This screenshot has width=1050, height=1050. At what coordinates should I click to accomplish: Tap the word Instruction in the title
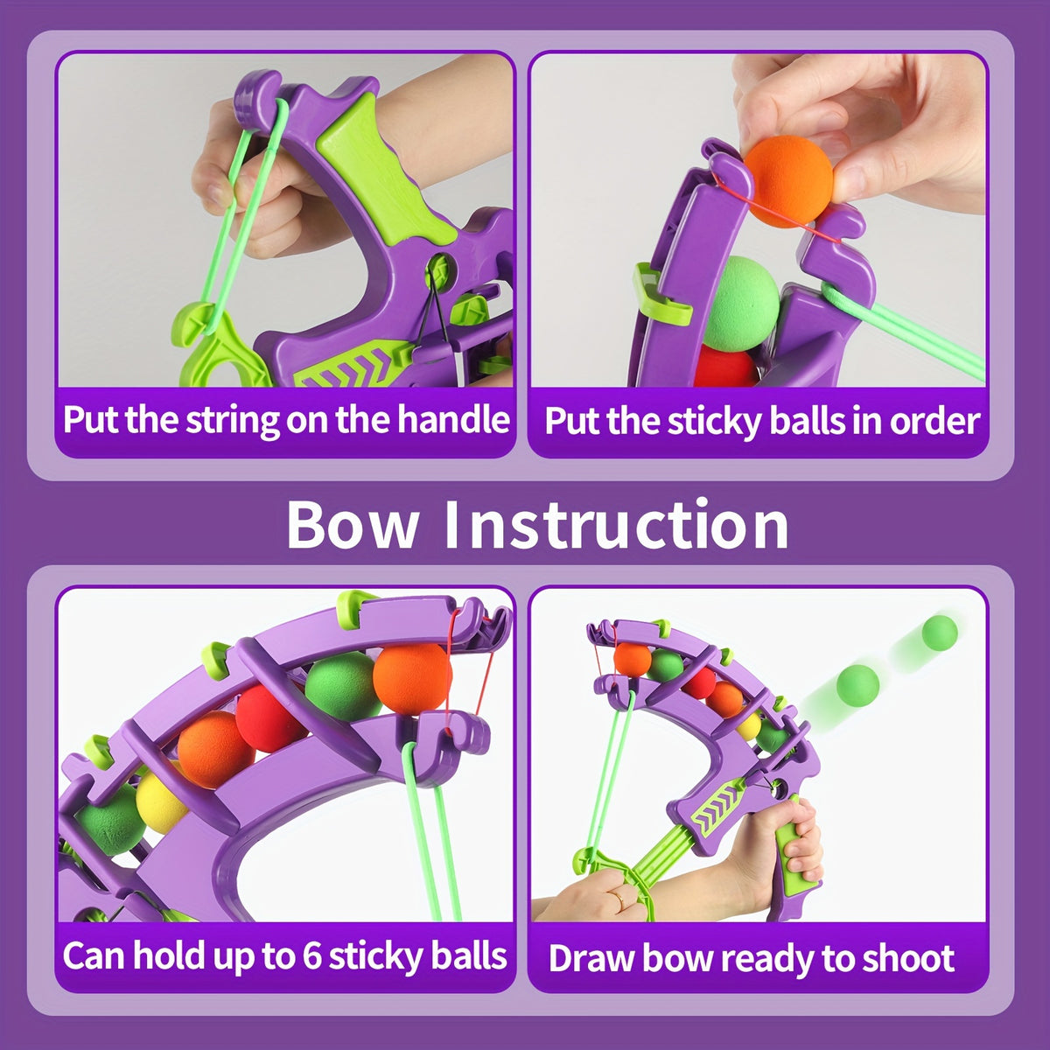(616, 523)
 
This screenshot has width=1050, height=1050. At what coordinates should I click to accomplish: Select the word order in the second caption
(934, 421)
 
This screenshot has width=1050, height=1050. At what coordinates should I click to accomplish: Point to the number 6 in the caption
(311, 955)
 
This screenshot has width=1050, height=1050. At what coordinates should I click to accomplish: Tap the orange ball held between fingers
(788, 180)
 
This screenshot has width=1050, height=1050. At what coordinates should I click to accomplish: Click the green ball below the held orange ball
(743, 303)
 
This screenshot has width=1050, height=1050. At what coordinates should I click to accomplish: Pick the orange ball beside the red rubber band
(412, 678)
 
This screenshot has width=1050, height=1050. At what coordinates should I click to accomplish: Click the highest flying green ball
(940, 633)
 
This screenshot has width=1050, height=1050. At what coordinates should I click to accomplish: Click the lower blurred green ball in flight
(857, 685)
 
